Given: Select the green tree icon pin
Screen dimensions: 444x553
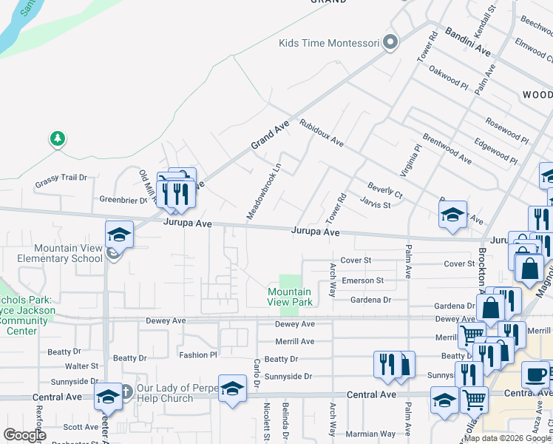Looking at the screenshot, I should tap(57, 138).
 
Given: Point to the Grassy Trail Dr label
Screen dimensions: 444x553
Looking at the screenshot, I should tap(61, 178).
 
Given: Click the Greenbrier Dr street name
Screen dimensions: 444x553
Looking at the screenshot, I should tap(124, 199).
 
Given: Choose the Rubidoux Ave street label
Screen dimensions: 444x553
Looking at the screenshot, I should tap(322, 131).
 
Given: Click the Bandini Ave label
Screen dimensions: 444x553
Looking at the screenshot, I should tap(468, 42).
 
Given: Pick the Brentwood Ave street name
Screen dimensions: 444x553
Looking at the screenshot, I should tap(447, 148).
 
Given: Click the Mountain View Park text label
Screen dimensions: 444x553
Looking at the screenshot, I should tap(289, 297).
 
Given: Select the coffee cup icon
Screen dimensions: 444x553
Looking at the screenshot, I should tap(536, 375).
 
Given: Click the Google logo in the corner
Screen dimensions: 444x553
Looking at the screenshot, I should tap(24, 435).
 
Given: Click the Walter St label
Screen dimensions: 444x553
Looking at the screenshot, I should tap(81, 366).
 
